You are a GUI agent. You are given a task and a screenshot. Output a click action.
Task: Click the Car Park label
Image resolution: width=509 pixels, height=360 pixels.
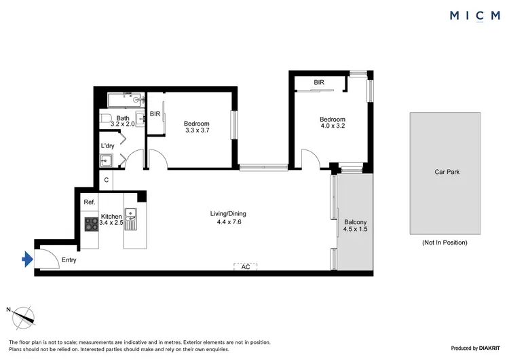[x=447, y=172]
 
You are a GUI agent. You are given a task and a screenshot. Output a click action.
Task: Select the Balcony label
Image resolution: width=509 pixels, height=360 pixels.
[x=356, y=222]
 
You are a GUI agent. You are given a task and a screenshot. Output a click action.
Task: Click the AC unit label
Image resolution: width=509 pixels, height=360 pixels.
[x=246, y=268]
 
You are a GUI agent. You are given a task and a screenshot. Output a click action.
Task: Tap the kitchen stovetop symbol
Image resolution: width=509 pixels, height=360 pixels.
[x=91, y=223]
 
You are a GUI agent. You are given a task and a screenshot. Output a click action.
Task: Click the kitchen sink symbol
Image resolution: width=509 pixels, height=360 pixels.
[x=131, y=218]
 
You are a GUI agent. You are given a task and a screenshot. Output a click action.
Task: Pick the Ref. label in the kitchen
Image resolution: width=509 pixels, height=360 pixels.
[x=89, y=202]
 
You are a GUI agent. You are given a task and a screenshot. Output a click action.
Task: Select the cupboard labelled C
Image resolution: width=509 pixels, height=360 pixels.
[x=106, y=181]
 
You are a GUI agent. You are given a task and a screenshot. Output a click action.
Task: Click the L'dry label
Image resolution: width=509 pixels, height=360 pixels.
[x=107, y=146]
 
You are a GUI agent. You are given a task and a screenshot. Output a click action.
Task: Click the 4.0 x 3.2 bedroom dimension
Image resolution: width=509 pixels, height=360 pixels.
[x=333, y=127]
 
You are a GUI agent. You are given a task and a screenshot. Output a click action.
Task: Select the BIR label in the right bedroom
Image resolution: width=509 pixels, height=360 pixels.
[x=319, y=83]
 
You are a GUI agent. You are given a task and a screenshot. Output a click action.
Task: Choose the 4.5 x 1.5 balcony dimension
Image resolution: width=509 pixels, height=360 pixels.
[x=356, y=230]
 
